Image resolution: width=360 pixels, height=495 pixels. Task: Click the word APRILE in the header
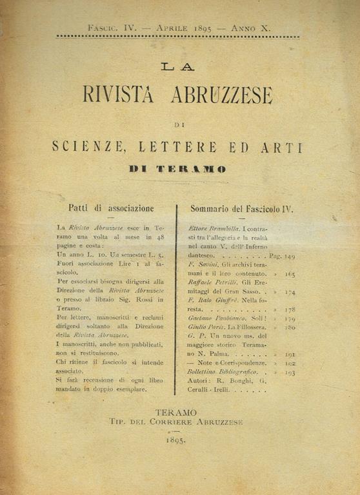pyautogui.click(x=166, y=28)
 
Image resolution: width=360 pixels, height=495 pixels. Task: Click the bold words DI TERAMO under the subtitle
pyautogui.click(x=177, y=169)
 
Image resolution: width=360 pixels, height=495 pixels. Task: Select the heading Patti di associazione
pyautogui.click(x=111, y=208)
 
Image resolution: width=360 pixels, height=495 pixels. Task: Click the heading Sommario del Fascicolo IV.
pyautogui.click(x=242, y=208)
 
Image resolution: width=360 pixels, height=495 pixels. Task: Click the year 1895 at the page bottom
pyautogui.click(x=175, y=441)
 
